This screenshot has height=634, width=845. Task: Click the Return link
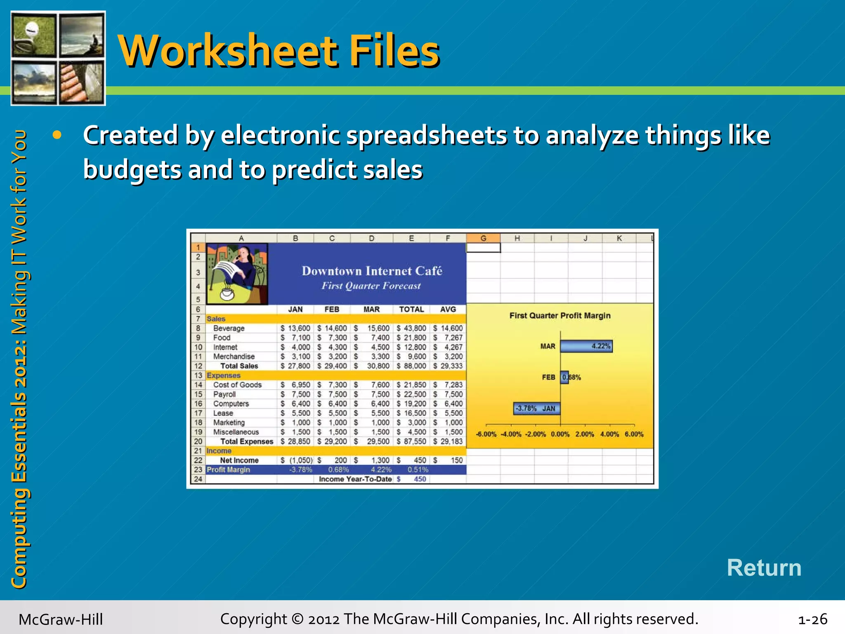[x=764, y=568]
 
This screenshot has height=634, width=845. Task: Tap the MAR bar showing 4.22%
[x=586, y=346]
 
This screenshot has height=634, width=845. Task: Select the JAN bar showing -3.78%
[x=537, y=408]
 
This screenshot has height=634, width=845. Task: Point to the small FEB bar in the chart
[x=564, y=377]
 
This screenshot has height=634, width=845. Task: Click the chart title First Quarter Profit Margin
[x=559, y=316]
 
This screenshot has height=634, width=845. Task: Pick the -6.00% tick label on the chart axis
[x=486, y=434]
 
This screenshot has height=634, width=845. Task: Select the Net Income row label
[x=239, y=460]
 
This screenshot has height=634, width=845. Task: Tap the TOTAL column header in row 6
[x=411, y=309]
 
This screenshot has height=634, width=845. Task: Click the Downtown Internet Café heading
[x=372, y=271]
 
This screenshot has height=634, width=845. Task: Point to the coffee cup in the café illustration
[x=227, y=293]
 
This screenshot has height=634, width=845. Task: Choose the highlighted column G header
[x=483, y=238]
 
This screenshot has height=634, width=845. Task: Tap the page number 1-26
[x=812, y=620]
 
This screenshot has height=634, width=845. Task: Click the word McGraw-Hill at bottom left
[x=61, y=620]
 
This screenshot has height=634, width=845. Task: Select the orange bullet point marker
[x=57, y=135]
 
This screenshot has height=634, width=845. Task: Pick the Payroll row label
[x=224, y=394]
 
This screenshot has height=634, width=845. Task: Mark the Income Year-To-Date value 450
[x=420, y=479]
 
